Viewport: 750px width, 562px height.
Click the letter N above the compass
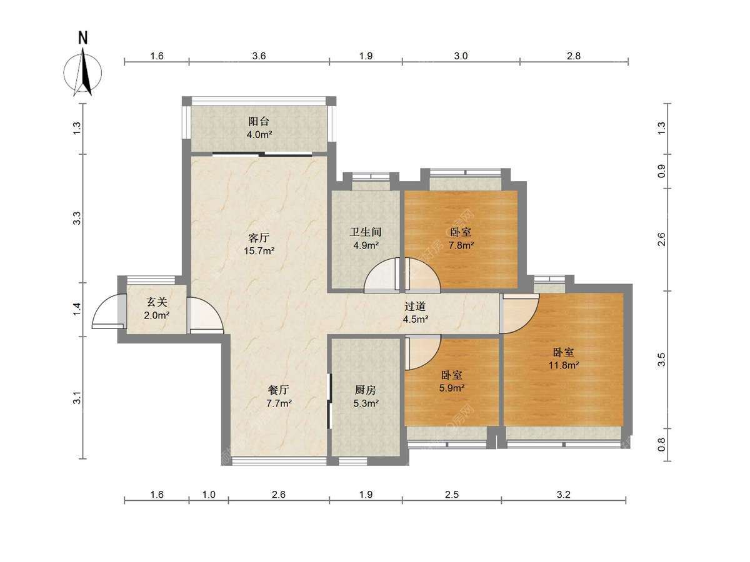83,38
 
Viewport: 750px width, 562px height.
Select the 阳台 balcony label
259,122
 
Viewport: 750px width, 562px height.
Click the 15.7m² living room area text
259,251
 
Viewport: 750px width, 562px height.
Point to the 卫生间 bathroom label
365,232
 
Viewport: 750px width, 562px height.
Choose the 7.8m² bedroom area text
461,245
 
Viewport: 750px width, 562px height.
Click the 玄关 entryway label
157,302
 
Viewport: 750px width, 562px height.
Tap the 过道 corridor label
415,307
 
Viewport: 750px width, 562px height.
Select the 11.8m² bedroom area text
564,365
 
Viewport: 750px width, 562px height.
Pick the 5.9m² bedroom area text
451,388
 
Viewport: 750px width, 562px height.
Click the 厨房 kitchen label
365,390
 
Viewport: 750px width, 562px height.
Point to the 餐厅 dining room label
279,390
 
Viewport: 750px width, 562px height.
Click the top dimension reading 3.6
259,56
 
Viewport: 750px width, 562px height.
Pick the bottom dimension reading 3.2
564,495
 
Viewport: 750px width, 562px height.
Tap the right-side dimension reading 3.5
661,360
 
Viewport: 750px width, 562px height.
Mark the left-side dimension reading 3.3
77,219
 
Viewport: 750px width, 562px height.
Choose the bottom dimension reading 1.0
209,495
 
